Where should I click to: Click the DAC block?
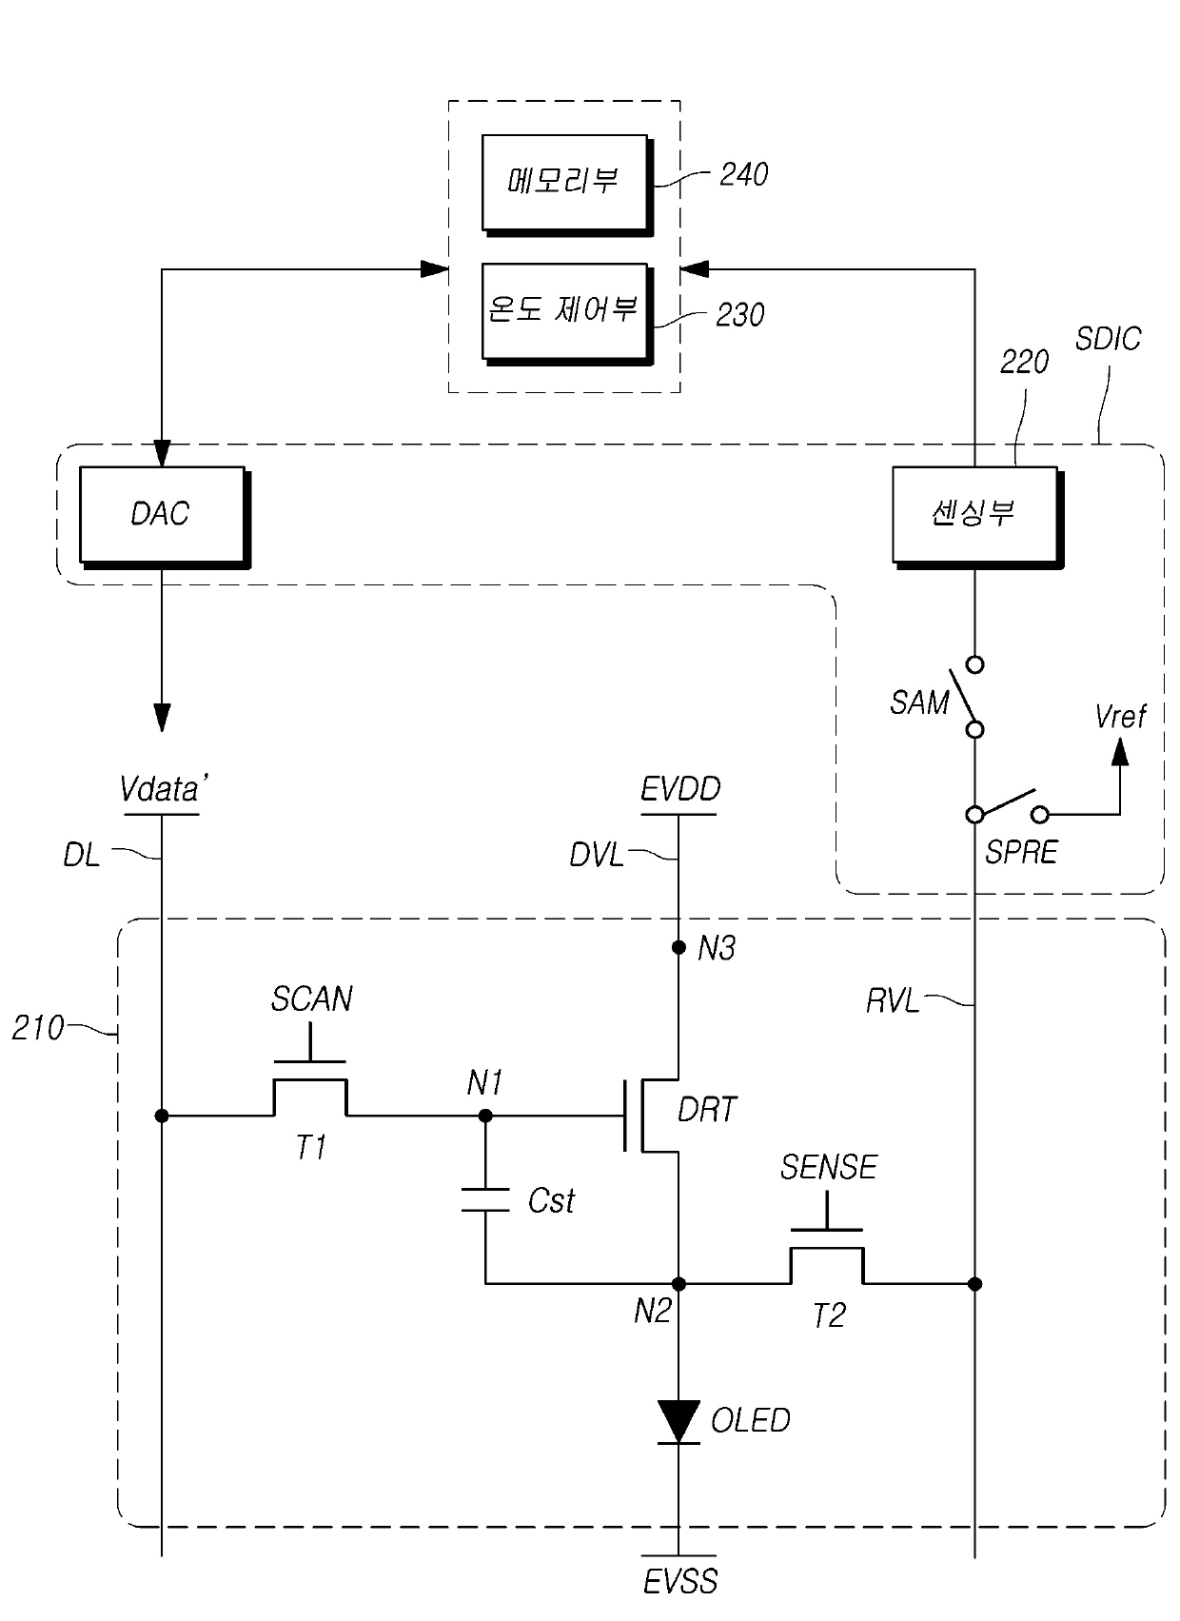tap(165, 517)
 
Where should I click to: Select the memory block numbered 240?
tap(567, 185)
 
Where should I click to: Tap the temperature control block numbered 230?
tap(567, 313)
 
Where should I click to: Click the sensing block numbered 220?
tap(977, 517)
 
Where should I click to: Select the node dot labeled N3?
tap(678, 947)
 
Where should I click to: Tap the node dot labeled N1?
tap(485, 1116)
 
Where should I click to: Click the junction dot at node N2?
tap(678, 1284)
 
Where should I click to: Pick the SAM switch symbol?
tap(968, 696)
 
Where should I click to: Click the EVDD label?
tap(680, 789)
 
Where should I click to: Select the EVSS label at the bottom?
tap(680, 1601)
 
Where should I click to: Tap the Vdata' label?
tap(165, 789)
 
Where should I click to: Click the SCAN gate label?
tap(312, 998)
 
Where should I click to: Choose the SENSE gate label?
tap(829, 1167)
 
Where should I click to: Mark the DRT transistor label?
tap(707, 1109)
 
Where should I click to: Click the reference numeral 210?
tap(38, 1028)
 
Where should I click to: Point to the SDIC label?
tap(1108, 339)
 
